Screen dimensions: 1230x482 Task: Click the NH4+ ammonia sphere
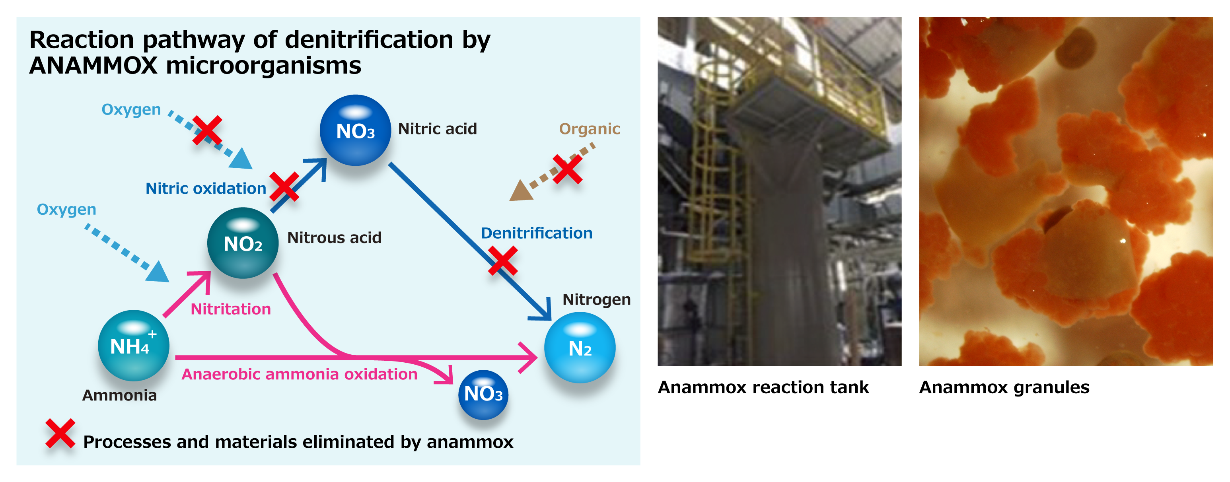133,346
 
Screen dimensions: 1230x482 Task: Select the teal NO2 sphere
243,243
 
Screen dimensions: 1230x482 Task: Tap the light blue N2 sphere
580,348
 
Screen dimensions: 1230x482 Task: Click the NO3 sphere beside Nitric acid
355,130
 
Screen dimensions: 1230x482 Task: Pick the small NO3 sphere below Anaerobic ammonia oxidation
483,395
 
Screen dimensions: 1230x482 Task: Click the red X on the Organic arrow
567,169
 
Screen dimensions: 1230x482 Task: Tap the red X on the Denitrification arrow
503,260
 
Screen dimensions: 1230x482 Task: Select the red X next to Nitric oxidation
284,187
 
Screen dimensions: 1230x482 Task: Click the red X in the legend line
60,433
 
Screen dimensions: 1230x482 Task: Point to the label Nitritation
231,309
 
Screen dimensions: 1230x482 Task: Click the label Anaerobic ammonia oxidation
300,374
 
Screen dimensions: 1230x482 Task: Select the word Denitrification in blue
536,233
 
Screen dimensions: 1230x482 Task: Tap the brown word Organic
589,129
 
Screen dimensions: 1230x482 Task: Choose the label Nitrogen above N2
596,299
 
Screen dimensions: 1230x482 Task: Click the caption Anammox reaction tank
763,387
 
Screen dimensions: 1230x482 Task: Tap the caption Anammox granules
1004,387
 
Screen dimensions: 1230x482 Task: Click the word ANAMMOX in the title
93,65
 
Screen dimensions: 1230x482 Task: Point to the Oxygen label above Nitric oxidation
131,110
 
